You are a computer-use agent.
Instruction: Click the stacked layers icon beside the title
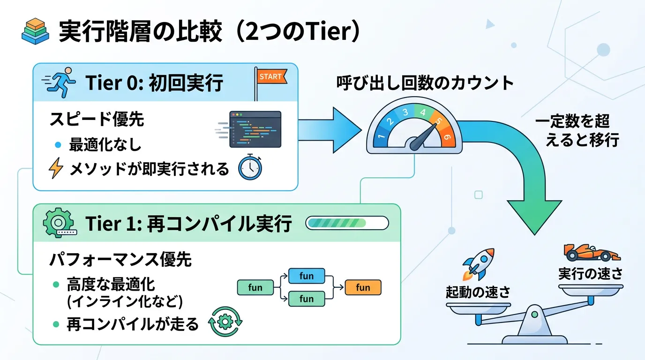pyautogui.click(x=36, y=32)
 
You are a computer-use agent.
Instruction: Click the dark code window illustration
pyautogui.click(x=255, y=130)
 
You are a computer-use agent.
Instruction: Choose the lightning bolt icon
pyautogui.click(x=56, y=169)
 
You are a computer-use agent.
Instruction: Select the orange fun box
pyautogui.click(x=363, y=287)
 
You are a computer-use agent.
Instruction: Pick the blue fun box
pyautogui.click(x=306, y=276)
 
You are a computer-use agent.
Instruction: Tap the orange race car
pyautogui.click(x=591, y=253)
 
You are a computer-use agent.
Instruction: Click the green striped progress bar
pyautogui.click(x=347, y=223)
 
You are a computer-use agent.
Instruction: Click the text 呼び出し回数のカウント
pyautogui.click(x=425, y=83)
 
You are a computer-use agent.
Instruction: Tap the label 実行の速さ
pyautogui.click(x=590, y=274)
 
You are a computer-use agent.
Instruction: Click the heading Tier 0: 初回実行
pyautogui.click(x=154, y=83)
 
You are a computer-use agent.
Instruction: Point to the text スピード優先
pyautogui.click(x=97, y=120)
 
